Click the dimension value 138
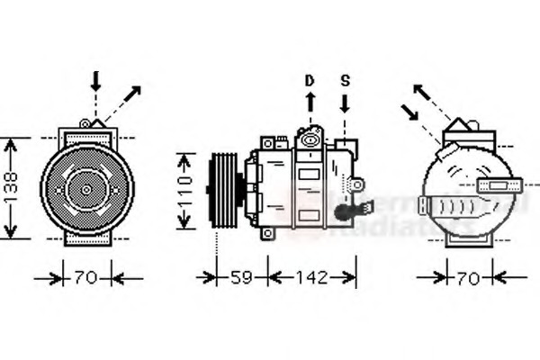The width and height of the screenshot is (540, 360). point(12,188)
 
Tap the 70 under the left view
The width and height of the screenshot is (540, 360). point(86,279)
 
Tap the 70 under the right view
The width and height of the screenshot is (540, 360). point(468,279)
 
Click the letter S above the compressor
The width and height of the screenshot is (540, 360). point(346,81)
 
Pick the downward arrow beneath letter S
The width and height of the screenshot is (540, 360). point(346,104)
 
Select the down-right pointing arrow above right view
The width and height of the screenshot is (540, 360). point(411,114)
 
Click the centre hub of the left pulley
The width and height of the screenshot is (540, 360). point(86,190)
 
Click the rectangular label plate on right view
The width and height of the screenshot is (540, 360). point(496,186)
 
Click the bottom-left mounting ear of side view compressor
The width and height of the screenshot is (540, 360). point(266,234)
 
